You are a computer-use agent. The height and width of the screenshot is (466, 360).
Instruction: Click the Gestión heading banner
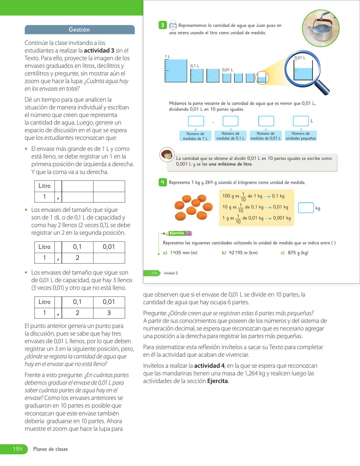(79, 30)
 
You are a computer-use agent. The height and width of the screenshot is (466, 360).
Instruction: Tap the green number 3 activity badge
(163, 25)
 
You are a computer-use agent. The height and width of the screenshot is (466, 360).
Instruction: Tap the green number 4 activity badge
(163, 182)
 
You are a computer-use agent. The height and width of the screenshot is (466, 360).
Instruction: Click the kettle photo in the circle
(321, 28)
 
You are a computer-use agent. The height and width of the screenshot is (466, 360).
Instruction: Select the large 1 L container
(176, 71)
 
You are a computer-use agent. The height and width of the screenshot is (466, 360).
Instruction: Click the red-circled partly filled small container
(262, 78)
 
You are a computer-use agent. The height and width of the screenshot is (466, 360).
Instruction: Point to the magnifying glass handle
(322, 88)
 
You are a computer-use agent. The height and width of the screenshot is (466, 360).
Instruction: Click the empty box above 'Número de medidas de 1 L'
(196, 121)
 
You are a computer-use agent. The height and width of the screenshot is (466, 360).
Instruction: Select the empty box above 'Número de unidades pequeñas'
(300, 121)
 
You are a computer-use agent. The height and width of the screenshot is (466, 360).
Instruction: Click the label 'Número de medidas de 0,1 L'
(230, 136)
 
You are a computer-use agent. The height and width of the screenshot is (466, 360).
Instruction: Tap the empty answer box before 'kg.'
(306, 208)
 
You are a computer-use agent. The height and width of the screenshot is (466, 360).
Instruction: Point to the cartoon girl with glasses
(167, 154)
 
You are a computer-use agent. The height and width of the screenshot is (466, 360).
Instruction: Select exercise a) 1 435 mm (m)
(180, 253)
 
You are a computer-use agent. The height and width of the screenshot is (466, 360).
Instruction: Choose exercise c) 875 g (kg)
(294, 253)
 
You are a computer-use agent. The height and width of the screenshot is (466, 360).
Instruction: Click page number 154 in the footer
(18, 449)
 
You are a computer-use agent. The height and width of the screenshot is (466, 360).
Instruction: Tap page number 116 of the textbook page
(154, 273)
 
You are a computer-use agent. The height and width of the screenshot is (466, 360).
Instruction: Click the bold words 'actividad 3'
(99, 51)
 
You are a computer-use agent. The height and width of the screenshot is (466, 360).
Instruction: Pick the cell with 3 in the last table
(109, 313)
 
